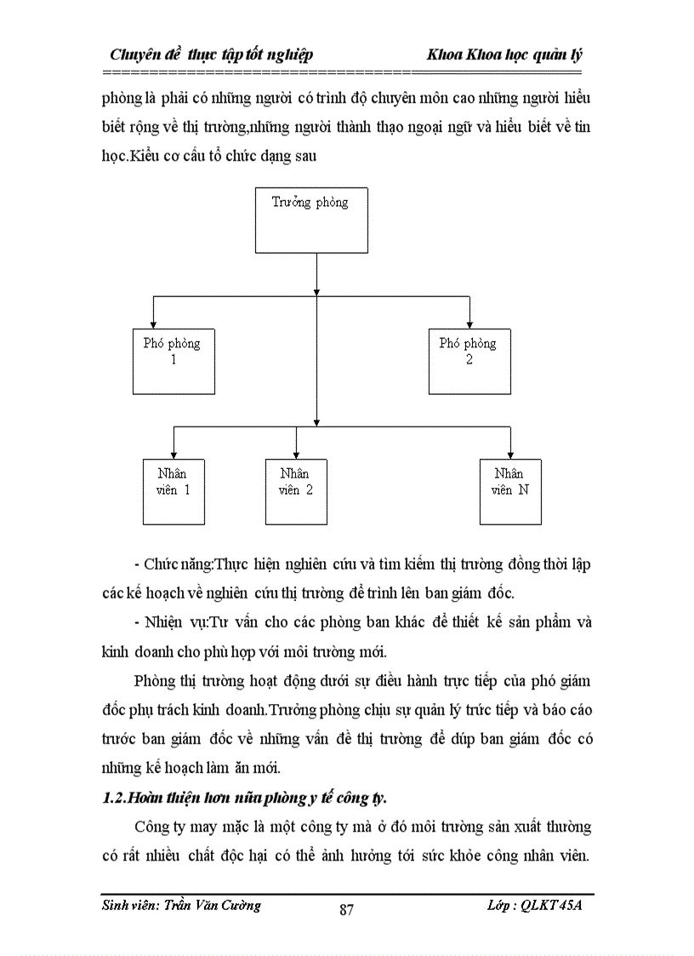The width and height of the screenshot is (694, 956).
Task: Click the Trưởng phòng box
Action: tap(316, 220)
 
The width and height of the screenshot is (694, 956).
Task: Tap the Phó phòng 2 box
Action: tap(469, 360)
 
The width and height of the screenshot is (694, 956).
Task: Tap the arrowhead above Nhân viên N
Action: tap(510, 453)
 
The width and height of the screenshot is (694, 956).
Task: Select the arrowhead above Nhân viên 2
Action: tap(295, 453)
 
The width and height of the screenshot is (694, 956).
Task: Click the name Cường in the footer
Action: tap(241, 906)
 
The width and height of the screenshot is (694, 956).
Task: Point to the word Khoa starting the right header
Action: tap(446, 54)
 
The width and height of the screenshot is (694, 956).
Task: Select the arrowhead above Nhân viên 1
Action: tap(173, 453)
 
